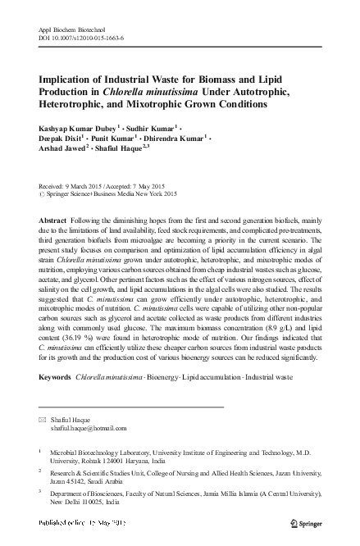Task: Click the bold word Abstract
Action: click(x=54, y=222)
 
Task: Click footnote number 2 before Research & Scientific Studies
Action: click(x=41, y=471)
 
